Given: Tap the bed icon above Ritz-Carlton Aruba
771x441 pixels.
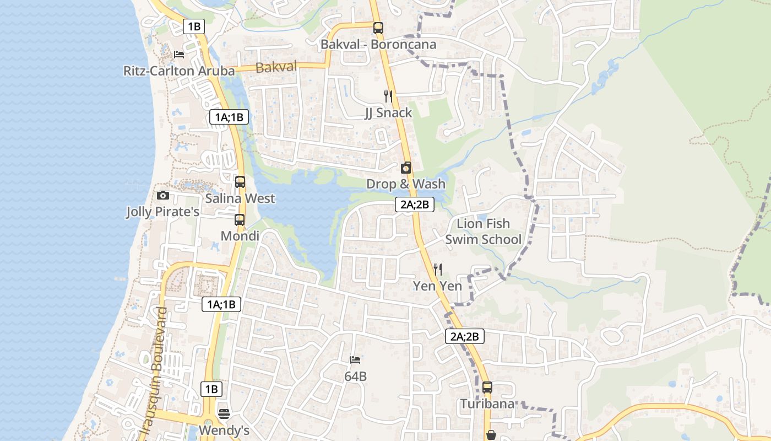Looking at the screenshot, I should point(179,54).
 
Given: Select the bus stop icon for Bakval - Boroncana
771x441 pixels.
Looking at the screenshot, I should point(378,28).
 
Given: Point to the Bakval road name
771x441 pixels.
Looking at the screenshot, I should point(276,68).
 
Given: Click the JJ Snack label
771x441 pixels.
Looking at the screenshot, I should point(388,113).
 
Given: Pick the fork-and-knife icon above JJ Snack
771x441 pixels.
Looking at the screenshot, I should point(388,96).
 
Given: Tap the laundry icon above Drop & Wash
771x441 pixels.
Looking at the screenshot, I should point(406,168).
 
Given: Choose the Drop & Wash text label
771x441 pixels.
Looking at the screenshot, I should point(406,184).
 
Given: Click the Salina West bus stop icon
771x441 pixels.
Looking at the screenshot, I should point(240,182).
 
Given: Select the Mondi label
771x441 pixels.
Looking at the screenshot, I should point(240,236).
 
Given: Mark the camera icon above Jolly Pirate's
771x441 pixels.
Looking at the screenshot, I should point(162,195).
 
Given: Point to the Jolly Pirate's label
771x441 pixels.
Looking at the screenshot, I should point(162,212).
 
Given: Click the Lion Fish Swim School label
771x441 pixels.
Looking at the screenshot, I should point(483,232).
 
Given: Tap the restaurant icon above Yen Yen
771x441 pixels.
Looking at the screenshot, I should point(438,269).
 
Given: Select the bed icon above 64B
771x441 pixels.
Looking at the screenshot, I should point(355,360).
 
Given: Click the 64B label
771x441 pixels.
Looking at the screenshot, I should point(355,377).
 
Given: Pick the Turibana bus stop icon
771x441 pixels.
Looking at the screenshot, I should point(487,388).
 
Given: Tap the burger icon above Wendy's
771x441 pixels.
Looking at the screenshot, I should point(224,413).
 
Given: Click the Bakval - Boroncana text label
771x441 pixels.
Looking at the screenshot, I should point(379,45).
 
